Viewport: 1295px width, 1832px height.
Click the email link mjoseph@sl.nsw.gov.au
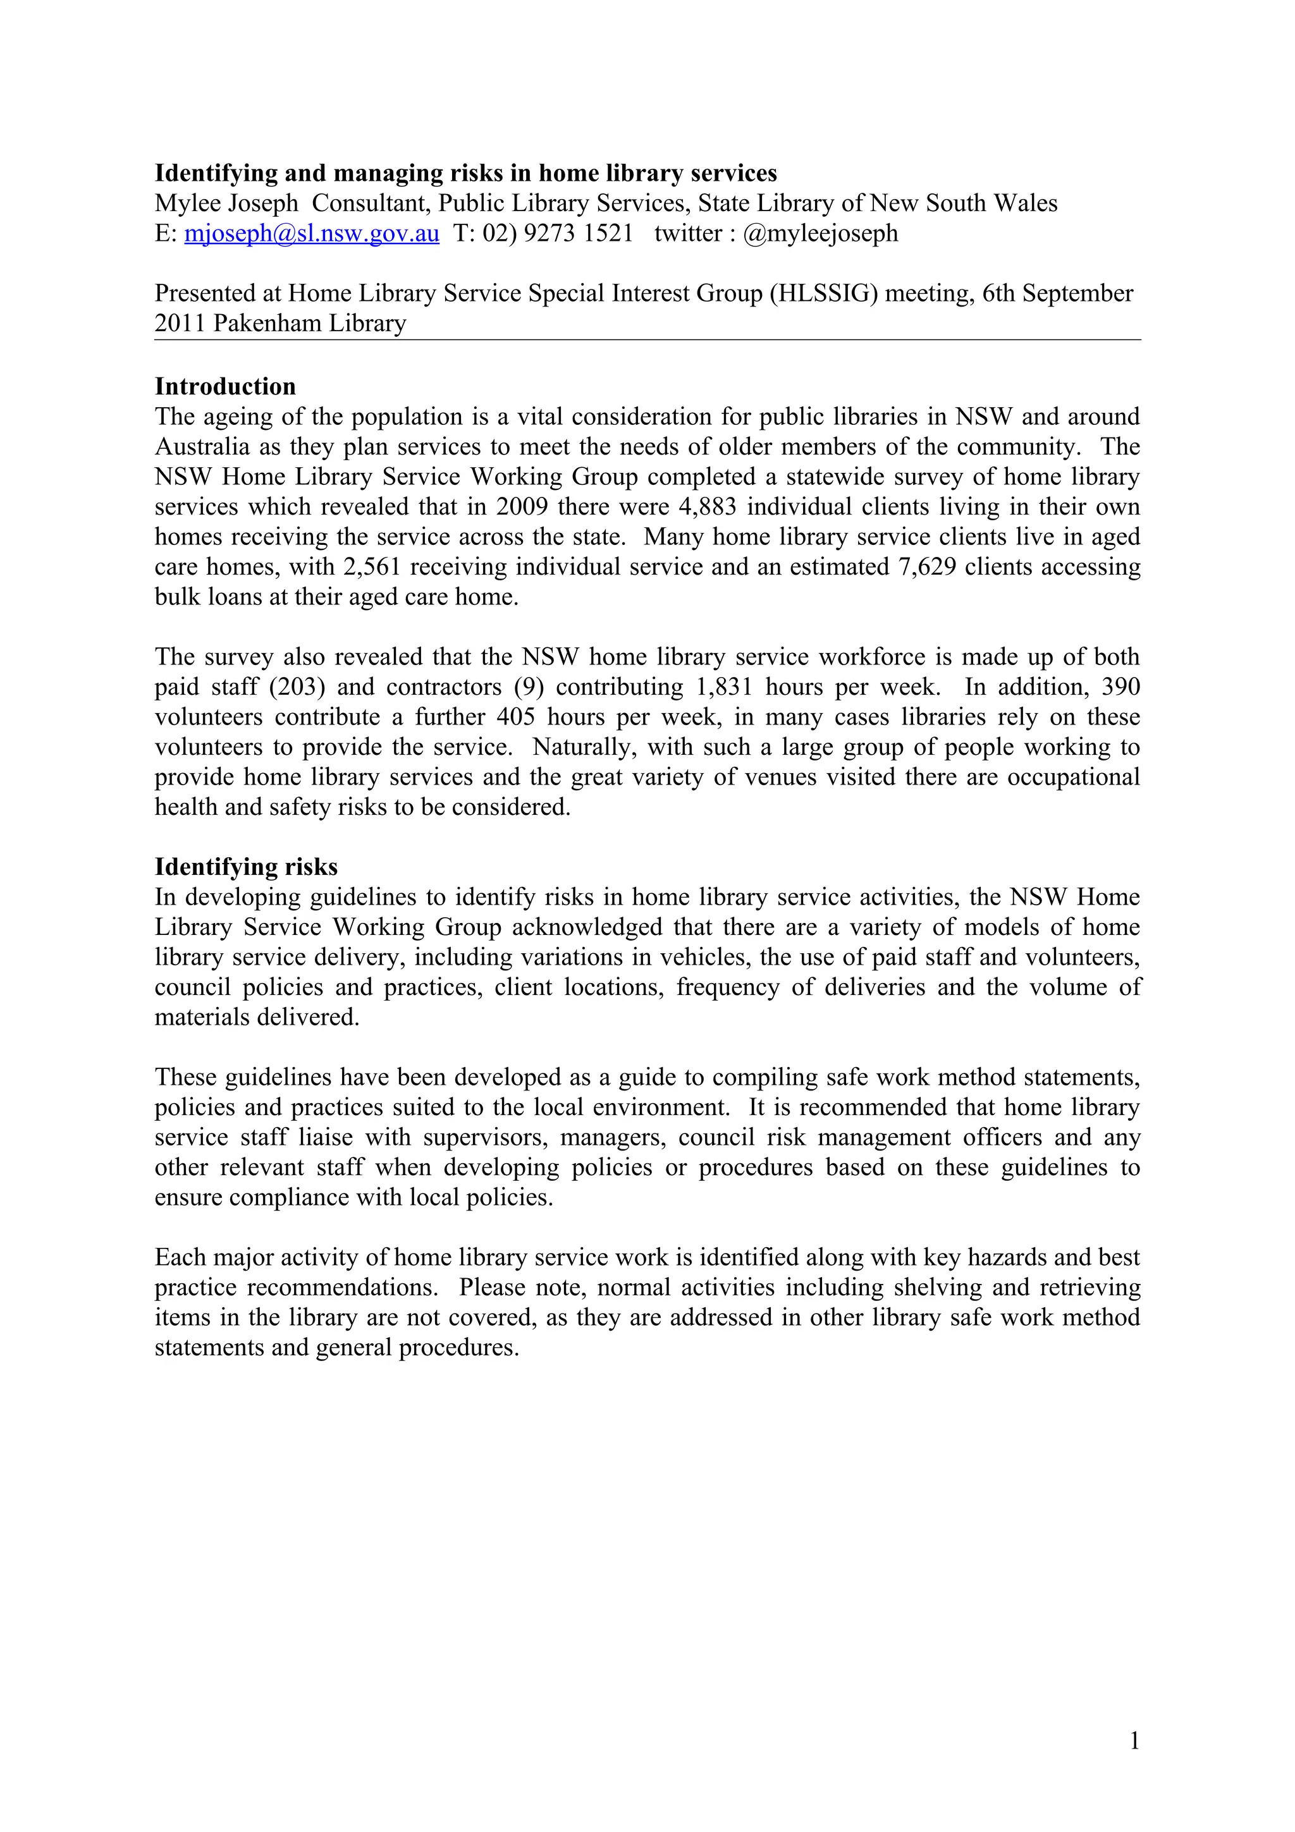point(311,234)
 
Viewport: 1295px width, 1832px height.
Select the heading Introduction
point(225,387)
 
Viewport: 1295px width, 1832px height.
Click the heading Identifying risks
point(246,867)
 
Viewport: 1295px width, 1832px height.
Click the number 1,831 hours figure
point(725,688)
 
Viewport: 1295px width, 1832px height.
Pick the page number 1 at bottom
point(1134,1741)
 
